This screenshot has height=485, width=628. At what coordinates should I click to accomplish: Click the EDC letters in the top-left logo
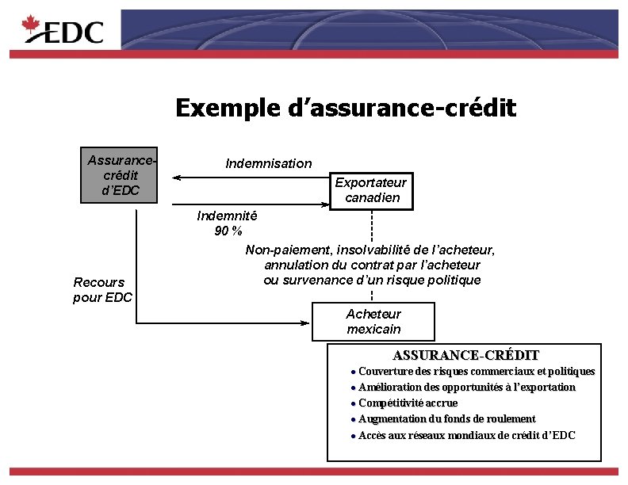pyautogui.click(x=74, y=32)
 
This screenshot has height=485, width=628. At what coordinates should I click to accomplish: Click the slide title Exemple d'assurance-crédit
pyautogui.click(x=346, y=107)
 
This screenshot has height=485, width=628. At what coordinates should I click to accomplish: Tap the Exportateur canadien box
pyautogui.click(x=371, y=190)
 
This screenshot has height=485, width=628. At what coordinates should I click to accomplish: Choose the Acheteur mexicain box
pyautogui.click(x=373, y=322)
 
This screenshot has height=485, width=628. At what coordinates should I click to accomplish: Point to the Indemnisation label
pyautogui.click(x=269, y=163)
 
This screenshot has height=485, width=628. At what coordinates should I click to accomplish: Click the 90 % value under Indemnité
pyautogui.click(x=228, y=231)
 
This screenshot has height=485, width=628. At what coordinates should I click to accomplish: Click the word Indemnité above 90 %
pyautogui.click(x=227, y=216)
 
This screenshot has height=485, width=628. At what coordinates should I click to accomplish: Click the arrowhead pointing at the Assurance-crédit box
pyautogui.click(x=178, y=178)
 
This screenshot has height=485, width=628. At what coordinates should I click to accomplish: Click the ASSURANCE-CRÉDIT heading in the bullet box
pyautogui.click(x=465, y=355)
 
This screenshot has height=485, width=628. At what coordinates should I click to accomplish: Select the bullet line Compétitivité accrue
pyautogui.click(x=408, y=403)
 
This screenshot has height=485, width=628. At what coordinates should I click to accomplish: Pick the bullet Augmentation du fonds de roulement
pyautogui.click(x=446, y=418)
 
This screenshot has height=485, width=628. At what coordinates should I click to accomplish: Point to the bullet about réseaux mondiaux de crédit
pyautogui.click(x=466, y=435)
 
